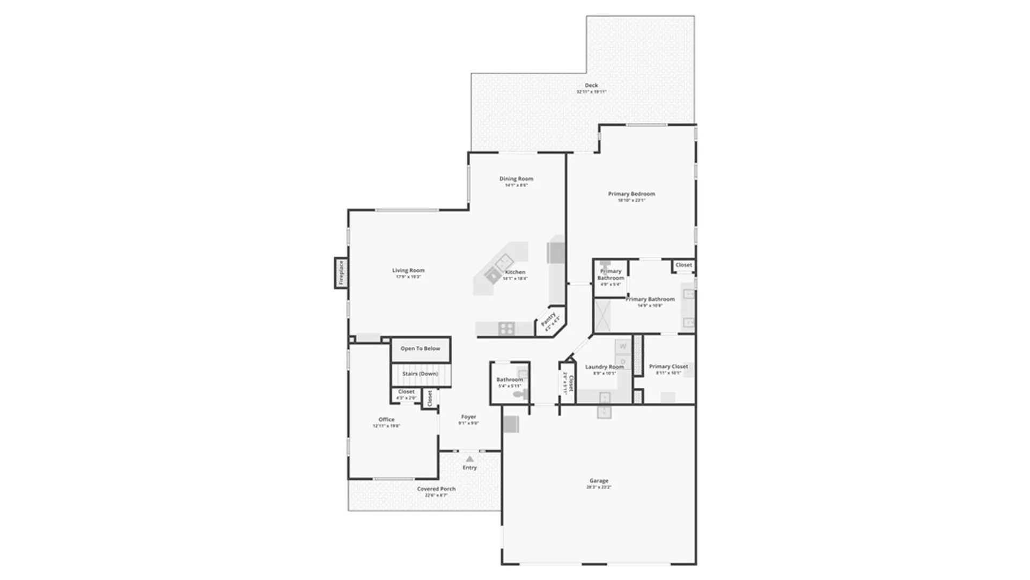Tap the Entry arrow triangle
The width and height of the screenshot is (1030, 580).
point(469,459)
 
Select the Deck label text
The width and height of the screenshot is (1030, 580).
point(591,85)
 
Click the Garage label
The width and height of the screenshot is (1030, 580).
point(599,481)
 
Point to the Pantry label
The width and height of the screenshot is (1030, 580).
point(549,320)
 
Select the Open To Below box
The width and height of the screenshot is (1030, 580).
point(421,349)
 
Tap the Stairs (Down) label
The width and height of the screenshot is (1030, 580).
point(420,374)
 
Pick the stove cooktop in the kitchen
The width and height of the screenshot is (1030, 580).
point(506,328)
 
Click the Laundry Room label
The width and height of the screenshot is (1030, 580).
point(604,367)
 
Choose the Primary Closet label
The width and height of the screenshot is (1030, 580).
point(668,367)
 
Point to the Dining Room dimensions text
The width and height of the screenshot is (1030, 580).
point(516,185)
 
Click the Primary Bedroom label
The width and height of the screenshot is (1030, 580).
point(631,194)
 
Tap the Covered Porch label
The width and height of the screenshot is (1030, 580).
point(436,489)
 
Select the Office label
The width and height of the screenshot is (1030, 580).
point(386,420)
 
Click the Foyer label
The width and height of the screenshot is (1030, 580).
point(468,417)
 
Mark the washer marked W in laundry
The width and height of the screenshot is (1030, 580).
point(623,346)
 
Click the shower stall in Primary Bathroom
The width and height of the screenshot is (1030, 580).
point(602,316)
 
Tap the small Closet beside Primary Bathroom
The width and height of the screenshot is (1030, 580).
point(683,265)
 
